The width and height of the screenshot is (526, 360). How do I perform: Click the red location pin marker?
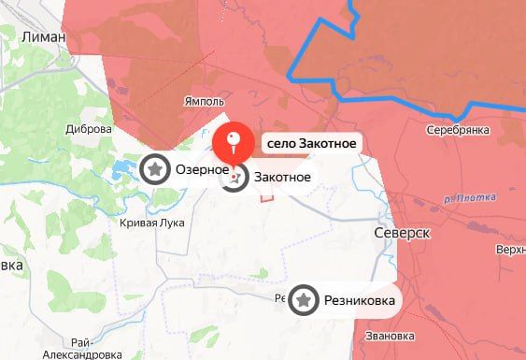point(235,145)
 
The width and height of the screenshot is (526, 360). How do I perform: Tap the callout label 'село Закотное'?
point(311,144)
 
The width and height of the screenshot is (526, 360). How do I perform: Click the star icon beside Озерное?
point(154,169)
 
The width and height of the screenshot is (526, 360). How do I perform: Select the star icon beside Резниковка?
point(303,300)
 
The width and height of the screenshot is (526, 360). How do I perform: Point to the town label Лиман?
point(43,36)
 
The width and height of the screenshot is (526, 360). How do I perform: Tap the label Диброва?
point(90,131)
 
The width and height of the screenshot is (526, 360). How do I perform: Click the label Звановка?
point(391,336)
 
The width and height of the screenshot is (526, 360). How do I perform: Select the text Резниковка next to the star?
point(357,301)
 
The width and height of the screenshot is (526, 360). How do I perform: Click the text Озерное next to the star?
point(202,170)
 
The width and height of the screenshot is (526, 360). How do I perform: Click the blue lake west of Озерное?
point(122,171)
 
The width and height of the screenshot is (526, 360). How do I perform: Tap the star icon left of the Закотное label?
point(235,176)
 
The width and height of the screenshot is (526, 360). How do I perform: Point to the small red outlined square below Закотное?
point(267,196)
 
